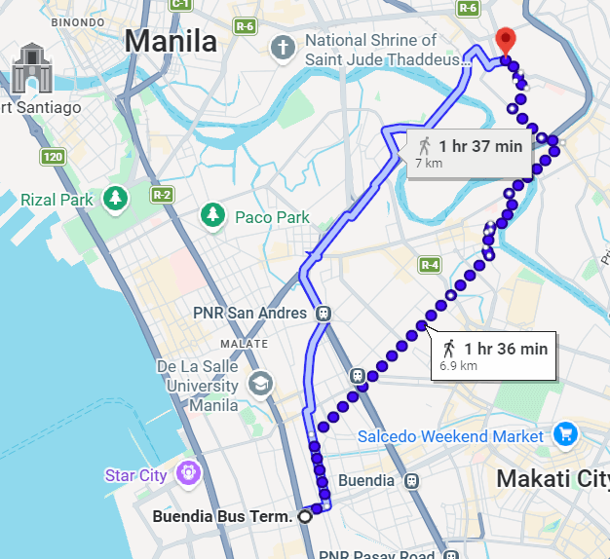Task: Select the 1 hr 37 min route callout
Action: point(471,153)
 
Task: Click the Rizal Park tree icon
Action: point(116,199)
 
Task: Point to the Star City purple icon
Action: point(187,474)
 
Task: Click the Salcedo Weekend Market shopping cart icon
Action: point(564,435)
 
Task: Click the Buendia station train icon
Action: point(412,480)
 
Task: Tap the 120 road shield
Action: point(52,156)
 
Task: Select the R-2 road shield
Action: point(162,195)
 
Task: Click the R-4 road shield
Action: point(430,264)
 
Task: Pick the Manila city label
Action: point(172,42)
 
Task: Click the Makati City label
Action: point(552,478)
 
